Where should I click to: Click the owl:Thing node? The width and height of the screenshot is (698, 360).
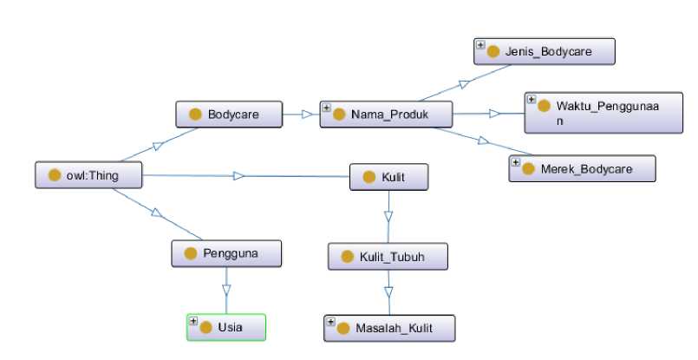88,175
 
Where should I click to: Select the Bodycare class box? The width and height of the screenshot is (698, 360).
229,115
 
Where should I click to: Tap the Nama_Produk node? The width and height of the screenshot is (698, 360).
387,115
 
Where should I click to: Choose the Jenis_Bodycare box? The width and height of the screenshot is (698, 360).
545,52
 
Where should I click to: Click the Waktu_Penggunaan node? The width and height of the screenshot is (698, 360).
603,113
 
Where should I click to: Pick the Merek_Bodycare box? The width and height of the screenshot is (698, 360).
583,168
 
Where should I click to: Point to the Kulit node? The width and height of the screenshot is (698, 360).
389,177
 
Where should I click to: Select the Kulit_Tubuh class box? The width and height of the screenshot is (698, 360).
388,257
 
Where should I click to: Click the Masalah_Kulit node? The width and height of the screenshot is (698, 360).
389,329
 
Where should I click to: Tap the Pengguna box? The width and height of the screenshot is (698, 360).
226,253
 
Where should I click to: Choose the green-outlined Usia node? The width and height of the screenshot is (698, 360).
226,328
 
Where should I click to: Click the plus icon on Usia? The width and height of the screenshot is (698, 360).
193,321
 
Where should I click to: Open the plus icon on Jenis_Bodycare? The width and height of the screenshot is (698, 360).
480,45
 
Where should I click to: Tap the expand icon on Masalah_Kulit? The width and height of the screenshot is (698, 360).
330,322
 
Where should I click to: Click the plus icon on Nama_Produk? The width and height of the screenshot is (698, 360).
326,108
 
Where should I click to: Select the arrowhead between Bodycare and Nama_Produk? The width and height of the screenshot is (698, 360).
307,115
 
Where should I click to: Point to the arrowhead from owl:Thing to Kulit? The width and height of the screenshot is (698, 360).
239,176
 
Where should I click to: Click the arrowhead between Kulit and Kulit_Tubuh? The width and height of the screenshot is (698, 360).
388,217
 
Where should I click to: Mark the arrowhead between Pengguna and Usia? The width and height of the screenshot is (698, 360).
226,290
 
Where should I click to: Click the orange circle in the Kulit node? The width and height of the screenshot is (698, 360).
369,177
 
